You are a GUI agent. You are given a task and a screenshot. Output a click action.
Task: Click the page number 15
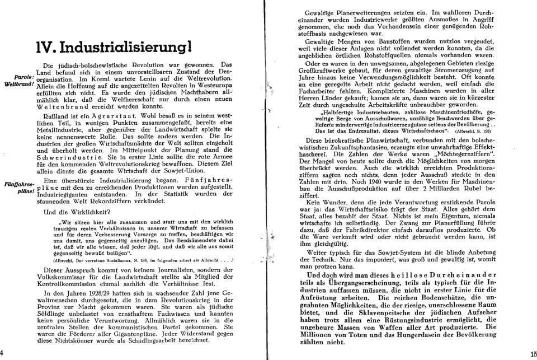tap(531, 353)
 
